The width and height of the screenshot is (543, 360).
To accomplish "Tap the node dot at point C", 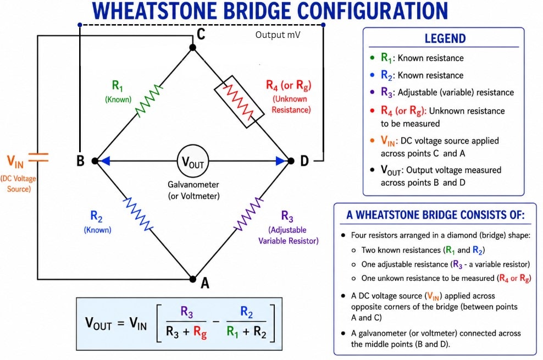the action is pyautogui.click(x=193, y=47).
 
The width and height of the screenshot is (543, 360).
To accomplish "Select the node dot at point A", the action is pyautogui.click(x=193, y=279).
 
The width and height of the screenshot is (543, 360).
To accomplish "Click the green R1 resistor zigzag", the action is pyautogui.click(x=149, y=101).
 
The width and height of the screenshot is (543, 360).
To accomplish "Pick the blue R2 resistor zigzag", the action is pyautogui.click(x=138, y=214).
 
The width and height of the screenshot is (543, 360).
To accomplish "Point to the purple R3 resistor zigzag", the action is pyautogui.click(x=248, y=214).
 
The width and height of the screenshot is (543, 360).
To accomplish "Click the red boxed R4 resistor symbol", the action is pyautogui.click(x=239, y=102).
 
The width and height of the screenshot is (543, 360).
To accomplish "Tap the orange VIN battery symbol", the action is pyautogui.click(x=38, y=158).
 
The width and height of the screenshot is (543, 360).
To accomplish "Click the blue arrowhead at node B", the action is pyautogui.click(x=104, y=161).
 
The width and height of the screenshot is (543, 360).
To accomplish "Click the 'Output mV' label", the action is pyautogui.click(x=278, y=35).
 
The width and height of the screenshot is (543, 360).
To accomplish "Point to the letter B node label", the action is pyautogui.click(x=80, y=161).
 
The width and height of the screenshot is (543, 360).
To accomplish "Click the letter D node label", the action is pyautogui.click(x=304, y=161).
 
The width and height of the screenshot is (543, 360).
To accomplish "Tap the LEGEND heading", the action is pyautogui.click(x=445, y=38).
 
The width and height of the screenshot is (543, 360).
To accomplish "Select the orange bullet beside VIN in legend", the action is pyautogui.click(x=372, y=141).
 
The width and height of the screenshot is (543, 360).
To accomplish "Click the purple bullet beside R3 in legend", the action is pyautogui.click(x=372, y=92).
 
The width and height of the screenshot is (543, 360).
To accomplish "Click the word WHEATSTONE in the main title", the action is pyautogui.click(x=156, y=10).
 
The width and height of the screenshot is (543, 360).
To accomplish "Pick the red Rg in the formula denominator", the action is pyautogui.click(x=200, y=333).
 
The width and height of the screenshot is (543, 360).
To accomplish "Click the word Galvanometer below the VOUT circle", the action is pyautogui.click(x=193, y=185).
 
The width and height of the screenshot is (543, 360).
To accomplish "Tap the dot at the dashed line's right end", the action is pyautogui.click(x=323, y=25).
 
